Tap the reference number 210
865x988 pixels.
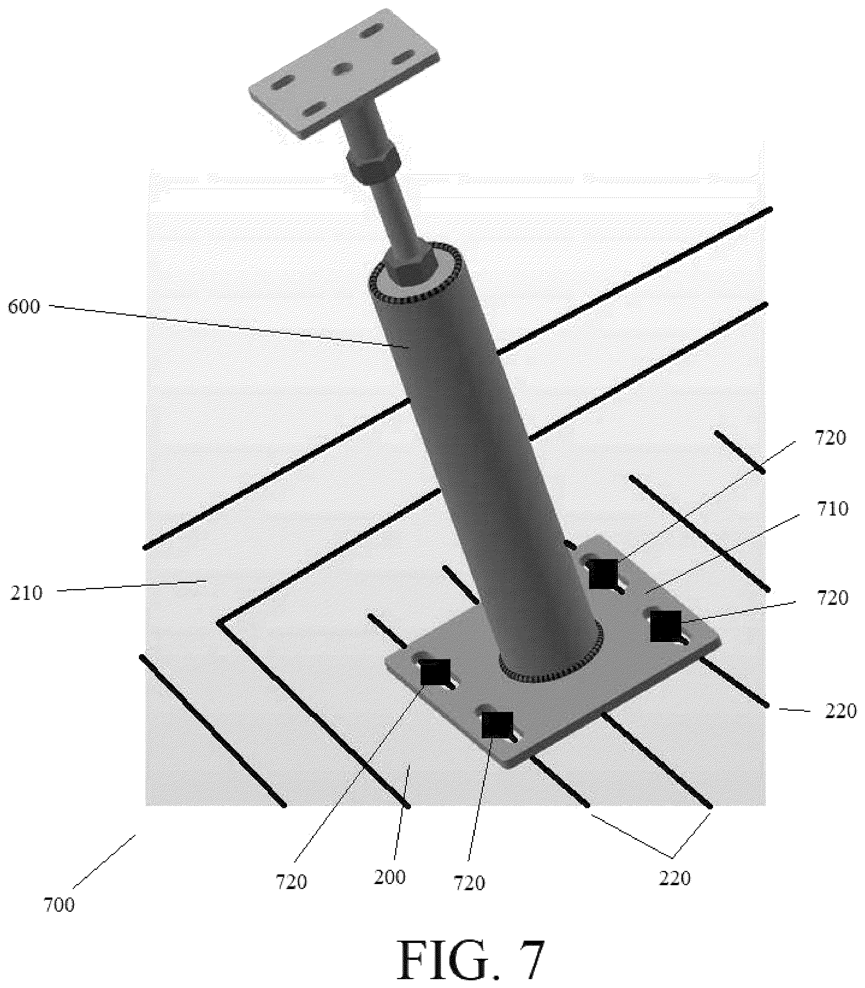(x=27, y=593)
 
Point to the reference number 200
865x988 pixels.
(x=389, y=876)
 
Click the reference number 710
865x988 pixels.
(x=831, y=509)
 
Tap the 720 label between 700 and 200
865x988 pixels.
(x=292, y=882)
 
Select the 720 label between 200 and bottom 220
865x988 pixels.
(x=469, y=883)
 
